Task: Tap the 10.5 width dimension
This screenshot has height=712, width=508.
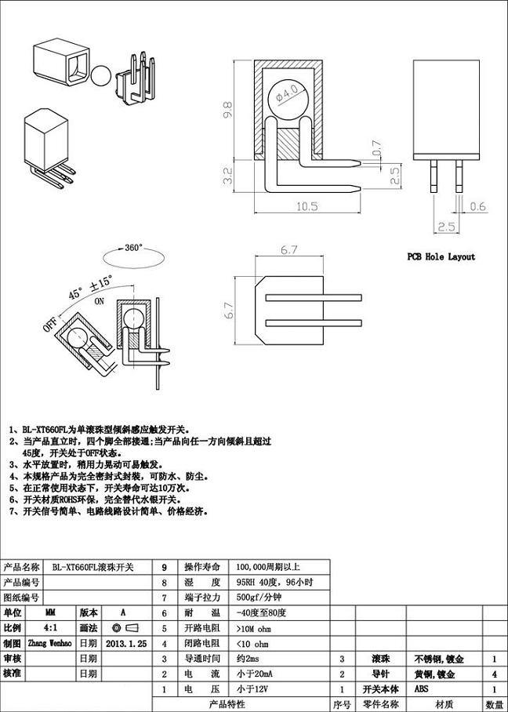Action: (x=307, y=207)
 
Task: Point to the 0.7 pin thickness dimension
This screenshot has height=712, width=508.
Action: (x=377, y=147)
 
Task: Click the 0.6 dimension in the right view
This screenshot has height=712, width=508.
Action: (x=477, y=207)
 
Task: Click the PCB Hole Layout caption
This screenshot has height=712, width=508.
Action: (x=441, y=256)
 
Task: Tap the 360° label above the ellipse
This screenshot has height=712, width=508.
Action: (x=133, y=248)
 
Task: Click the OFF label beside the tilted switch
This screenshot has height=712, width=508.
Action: (x=52, y=325)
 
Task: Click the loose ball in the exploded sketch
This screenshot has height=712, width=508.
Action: (x=101, y=76)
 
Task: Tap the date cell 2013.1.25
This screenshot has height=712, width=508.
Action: (x=126, y=642)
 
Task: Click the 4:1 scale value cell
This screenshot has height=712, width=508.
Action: (x=50, y=627)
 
